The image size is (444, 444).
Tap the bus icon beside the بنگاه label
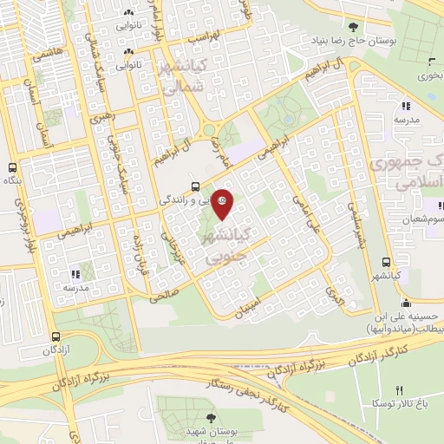tap(12, 168)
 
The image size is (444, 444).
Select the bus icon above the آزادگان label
tap(55, 336)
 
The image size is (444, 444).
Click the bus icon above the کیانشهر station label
tap(386, 262)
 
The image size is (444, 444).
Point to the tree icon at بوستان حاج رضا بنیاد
tap(352, 27)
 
